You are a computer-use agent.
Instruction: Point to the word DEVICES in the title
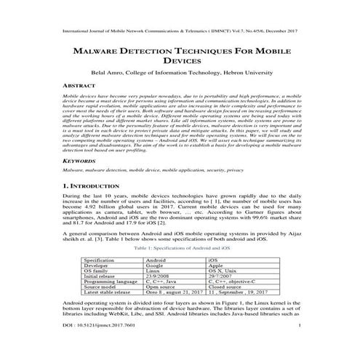pyautogui.click(x=179, y=64)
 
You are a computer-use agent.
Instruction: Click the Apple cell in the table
pyautogui.click(x=217, y=265)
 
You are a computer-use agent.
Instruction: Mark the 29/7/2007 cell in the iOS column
pyautogui.click(x=220, y=276)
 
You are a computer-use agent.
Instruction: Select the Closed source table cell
pyautogui.click(x=226, y=287)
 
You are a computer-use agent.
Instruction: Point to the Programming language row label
pyautogui.click(x=113, y=282)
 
